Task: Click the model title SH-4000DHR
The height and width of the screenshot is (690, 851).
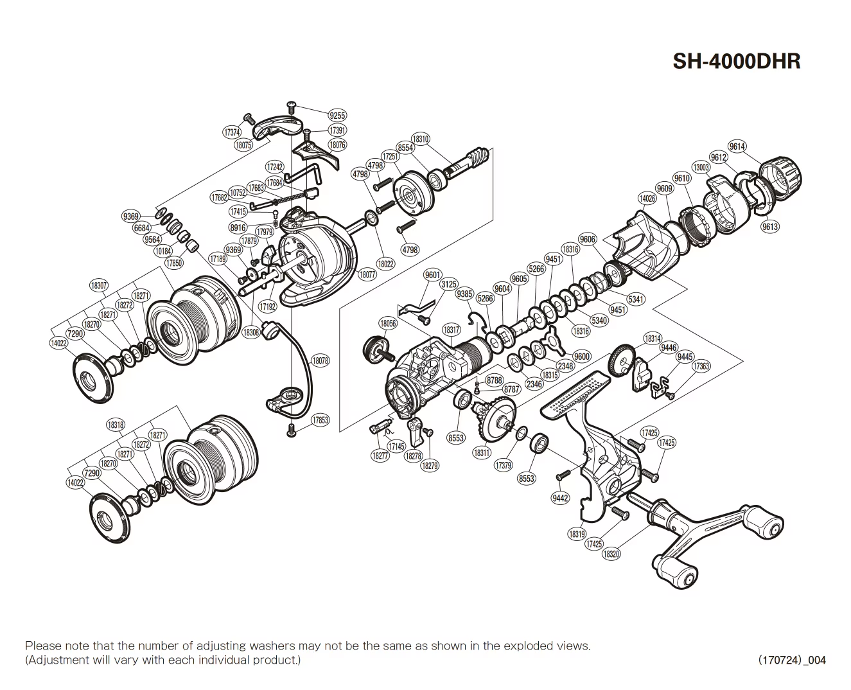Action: pos(736,61)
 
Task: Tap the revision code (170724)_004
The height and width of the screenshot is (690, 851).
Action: pos(792,660)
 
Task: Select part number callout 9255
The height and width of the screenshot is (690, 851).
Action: pos(337,116)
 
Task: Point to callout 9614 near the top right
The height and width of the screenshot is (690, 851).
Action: pos(737,146)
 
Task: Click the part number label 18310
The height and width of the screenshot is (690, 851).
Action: pos(421,139)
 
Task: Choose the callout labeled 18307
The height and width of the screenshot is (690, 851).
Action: pos(99,285)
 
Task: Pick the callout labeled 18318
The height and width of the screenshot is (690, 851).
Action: pos(116,425)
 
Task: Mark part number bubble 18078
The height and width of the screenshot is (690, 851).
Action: pos(320,361)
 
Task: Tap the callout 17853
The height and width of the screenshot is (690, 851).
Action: pos(320,420)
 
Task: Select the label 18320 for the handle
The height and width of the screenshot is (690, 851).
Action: pos(611,554)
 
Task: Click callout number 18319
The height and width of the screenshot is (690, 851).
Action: pos(577,533)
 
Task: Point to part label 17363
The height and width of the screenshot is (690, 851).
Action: pos(701,366)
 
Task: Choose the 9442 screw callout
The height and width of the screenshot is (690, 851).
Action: pos(561,498)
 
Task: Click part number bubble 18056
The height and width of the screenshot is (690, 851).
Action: pos(388,324)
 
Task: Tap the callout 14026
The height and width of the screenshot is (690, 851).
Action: pos(647,199)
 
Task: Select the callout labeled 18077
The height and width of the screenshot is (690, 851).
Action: pos(367,274)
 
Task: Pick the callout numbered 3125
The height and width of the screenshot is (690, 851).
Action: pos(448,283)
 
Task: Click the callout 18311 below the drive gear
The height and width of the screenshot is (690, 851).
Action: pos(482,452)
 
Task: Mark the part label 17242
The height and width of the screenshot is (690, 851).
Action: pos(275,167)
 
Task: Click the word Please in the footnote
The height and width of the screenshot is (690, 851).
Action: pos(42,646)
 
